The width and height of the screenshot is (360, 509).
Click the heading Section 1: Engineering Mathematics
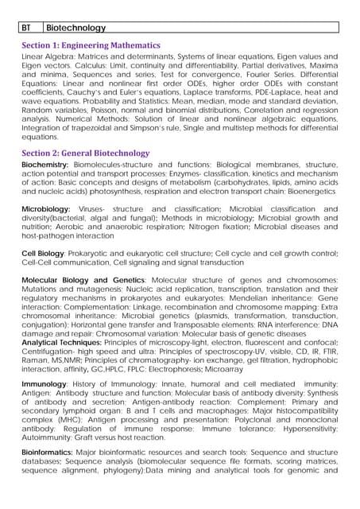[91, 46]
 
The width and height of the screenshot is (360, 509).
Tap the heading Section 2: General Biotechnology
[85, 153]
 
